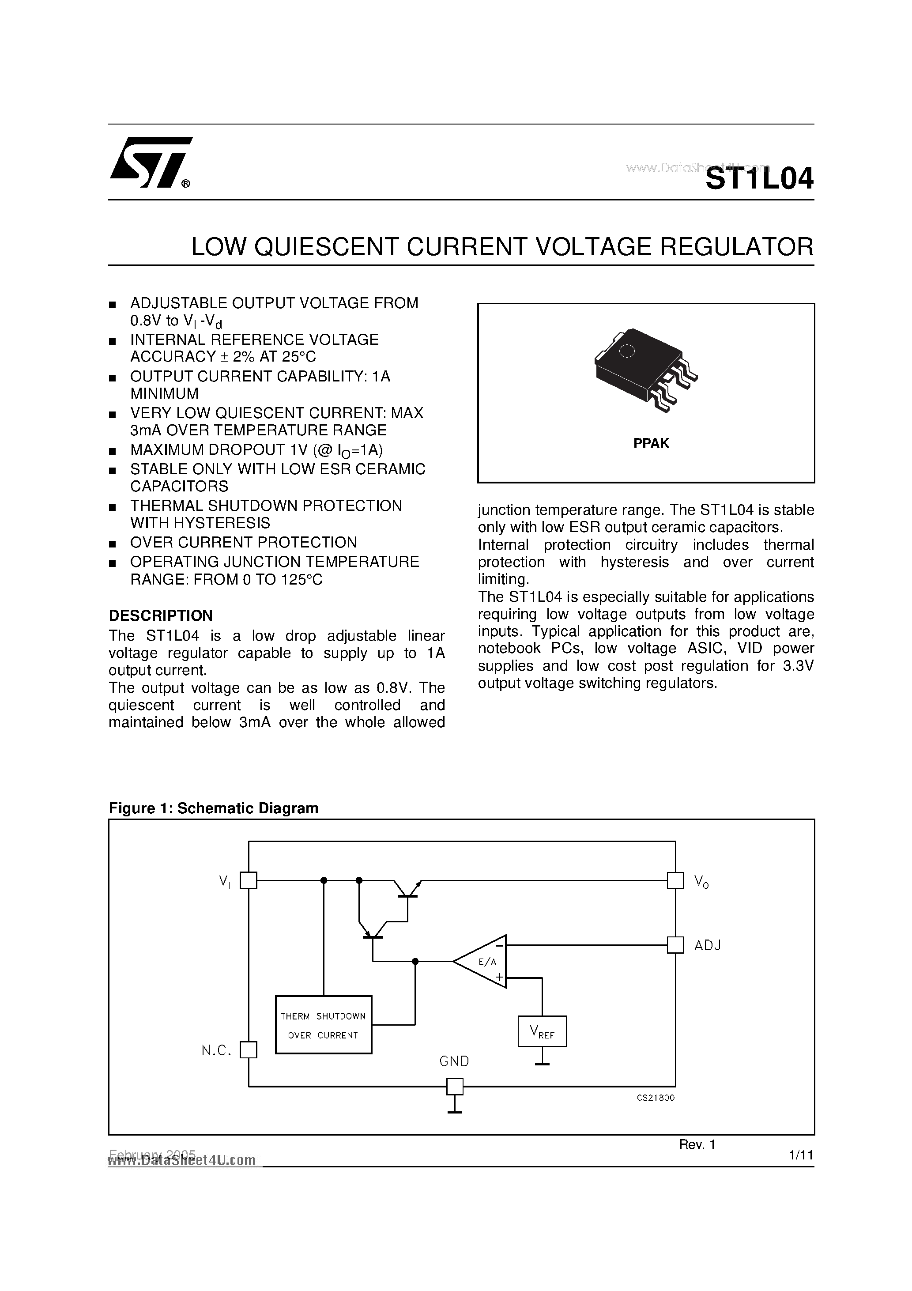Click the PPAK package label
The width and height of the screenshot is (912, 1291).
(x=651, y=443)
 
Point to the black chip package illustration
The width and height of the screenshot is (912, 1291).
(x=645, y=369)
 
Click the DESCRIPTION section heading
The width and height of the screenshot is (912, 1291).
(x=161, y=616)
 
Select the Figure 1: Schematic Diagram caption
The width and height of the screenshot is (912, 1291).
(x=214, y=808)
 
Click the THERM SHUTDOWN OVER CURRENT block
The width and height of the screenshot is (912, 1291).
(x=323, y=1024)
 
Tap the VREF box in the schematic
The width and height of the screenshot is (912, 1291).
(x=542, y=1031)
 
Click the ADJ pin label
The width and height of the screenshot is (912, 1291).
(x=707, y=945)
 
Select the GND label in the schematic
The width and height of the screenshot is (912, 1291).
(x=454, y=1061)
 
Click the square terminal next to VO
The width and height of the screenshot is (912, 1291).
(x=675, y=880)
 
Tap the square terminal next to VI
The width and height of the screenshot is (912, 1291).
(x=249, y=880)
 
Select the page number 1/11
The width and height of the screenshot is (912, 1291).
(x=801, y=1155)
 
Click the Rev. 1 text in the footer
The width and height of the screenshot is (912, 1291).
(x=697, y=1144)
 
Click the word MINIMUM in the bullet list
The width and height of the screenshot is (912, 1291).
(x=165, y=393)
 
